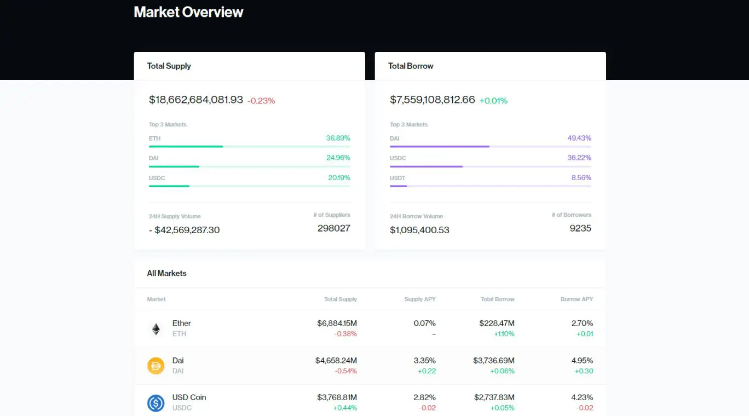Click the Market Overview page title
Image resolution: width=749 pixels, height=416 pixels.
click(x=188, y=12)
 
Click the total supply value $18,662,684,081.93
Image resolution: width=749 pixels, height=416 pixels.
click(x=196, y=100)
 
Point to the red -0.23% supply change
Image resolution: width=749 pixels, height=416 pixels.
click(x=261, y=101)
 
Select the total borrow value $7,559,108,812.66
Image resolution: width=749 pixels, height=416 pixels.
click(x=433, y=100)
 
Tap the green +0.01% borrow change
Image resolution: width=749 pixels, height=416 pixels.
click(x=493, y=101)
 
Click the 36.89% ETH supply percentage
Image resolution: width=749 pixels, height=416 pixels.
click(x=338, y=138)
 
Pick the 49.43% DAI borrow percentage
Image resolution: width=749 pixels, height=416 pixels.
click(x=579, y=138)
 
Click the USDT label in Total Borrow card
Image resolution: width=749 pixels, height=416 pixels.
click(x=397, y=178)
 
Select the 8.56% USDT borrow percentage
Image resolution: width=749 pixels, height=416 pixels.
click(x=581, y=177)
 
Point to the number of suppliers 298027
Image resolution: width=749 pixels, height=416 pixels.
click(x=333, y=228)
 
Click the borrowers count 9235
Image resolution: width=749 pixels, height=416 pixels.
click(x=580, y=228)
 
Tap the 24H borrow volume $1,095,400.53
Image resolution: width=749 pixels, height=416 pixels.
click(x=419, y=230)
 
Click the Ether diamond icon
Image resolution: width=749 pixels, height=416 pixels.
click(x=156, y=329)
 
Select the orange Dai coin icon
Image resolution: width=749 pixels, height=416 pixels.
click(x=156, y=366)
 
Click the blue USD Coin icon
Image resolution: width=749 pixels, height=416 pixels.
click(x=156, y=403)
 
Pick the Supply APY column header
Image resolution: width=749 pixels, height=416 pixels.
click(x=419, y=299)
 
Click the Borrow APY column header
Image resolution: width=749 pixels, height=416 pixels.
click(x=577, y=299)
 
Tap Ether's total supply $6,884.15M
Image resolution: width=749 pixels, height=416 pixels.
click(x=337, y=323)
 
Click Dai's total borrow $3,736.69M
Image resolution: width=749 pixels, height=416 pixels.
click(x=493, y=361)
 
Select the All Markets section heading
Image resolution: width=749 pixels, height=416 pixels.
click(x=166, y=273)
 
